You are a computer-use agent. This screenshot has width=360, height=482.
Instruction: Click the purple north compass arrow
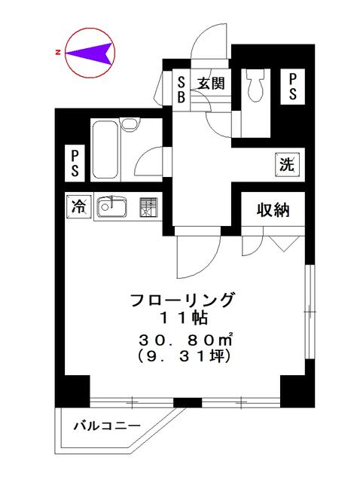pyautogui.click(x=94, y=53)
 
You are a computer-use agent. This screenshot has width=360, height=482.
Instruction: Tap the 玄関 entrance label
pyautogui.click(x=209, y=84)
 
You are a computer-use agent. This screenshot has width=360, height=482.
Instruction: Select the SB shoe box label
pyautogui.click(x=182, y=90)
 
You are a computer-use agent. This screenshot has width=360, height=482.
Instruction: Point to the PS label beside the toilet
pyautogui.click(x=291, y=86)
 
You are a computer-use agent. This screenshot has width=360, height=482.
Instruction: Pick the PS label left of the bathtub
pyautogui.click(x=75, y=163)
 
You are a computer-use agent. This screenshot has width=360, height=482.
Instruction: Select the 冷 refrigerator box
pyautogui.click(x=78, y=205)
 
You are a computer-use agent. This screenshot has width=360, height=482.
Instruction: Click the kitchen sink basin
pyautogui.click(x=114, y=206)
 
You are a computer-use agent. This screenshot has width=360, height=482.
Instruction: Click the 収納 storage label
pyautogui.click(x=272, y=210)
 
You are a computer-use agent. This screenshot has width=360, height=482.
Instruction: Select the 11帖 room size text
pyautogui.click(x=185, y=319)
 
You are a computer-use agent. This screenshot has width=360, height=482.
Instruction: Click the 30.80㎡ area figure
pyautogui.click(x=185, y=337)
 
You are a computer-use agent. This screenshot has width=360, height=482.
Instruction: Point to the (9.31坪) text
pyautogui.click(x=185, y=355)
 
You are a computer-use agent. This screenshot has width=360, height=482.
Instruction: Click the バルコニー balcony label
pyautogui.click(x=105, y=426)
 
